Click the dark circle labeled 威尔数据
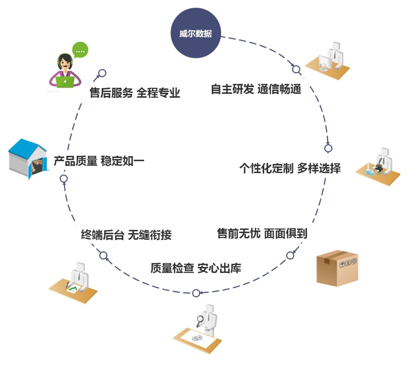click(195, 33)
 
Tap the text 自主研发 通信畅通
click(255, 89)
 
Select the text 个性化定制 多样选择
click(290, 168)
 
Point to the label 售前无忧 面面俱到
click(262, 233)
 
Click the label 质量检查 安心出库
click(196, 268)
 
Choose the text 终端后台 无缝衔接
click(126, 234)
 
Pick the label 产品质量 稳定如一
click(99, 161)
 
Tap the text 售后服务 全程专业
click(135, 93)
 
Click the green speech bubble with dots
click(80, 50)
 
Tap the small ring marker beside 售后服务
click(102, 73)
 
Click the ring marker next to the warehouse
click(64, 178)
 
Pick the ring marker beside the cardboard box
click(290, 255)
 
